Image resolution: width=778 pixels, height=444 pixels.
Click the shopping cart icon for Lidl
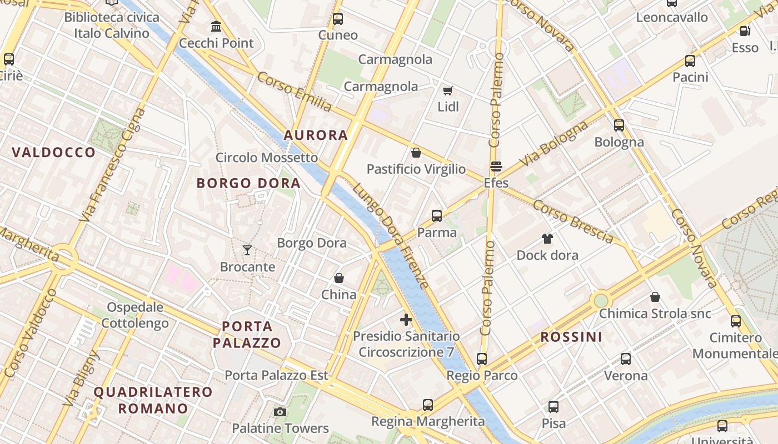click(447, 90)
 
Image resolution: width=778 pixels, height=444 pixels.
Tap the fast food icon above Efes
click(496, 167)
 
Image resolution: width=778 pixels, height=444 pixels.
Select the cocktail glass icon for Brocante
click(247, 250)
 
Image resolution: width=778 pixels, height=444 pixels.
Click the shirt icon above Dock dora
click(547, 239)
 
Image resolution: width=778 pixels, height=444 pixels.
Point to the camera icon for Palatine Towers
click(280, 412)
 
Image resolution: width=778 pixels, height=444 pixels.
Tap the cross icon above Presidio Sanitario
click(406, 320)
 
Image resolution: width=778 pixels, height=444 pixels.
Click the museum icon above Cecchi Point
click(216, 26)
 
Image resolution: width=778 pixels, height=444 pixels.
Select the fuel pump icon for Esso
click(745, 31)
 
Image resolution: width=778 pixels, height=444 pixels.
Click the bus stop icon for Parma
click(437, 216)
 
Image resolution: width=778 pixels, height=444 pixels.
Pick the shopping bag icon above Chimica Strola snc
click(655, 297)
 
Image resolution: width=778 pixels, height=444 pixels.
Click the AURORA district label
click(316, 135)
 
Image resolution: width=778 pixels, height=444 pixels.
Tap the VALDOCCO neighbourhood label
click(53, 153)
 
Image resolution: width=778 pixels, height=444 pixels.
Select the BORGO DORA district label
click(248, 183)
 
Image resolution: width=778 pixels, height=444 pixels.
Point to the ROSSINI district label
click(571, 337)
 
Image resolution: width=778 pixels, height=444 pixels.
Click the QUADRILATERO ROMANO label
click(153, 400)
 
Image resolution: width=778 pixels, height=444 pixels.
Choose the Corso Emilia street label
click(295, 92)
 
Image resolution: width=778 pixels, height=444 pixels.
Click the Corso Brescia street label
click(573, 221)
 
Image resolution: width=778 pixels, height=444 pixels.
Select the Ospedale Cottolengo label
click(135, 315)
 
